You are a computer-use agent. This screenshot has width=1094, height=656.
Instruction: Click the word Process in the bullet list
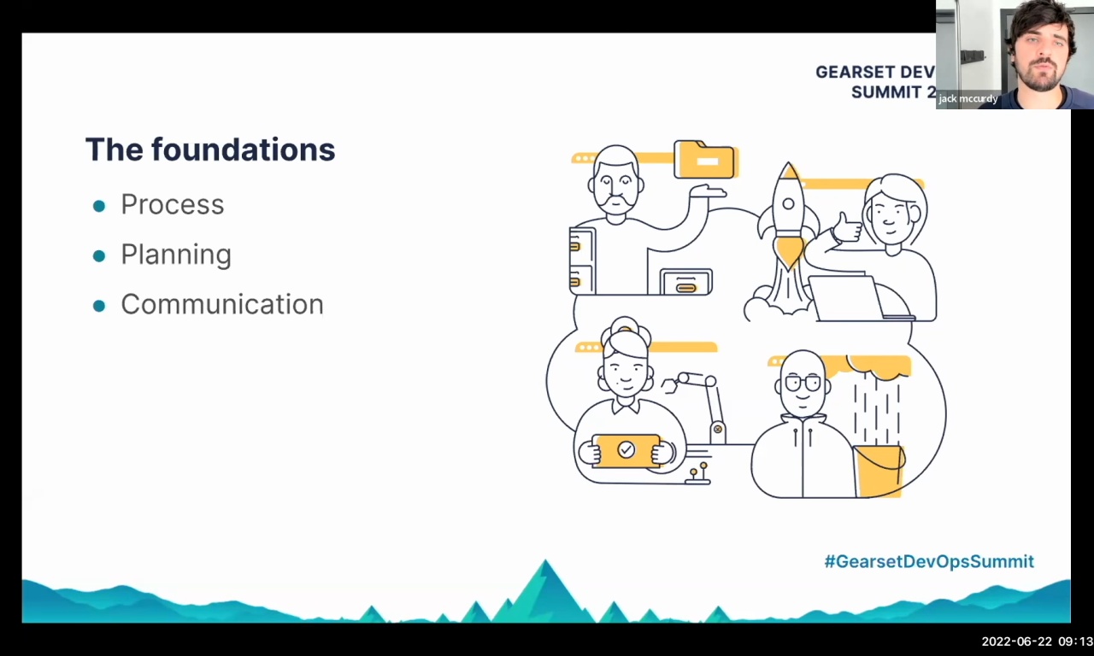172,205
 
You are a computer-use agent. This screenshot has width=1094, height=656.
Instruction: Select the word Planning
175,255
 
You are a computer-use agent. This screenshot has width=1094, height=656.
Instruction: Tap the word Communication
221,304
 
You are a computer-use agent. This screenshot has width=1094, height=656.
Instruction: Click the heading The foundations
210,149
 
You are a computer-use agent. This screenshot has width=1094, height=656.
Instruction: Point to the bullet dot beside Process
99,206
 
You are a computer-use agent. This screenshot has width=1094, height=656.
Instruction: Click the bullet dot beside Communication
99,305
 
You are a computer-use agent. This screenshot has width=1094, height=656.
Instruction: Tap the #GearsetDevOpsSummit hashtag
928,561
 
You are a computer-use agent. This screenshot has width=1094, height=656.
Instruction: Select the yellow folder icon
704,160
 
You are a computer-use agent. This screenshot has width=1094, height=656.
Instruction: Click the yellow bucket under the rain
879,469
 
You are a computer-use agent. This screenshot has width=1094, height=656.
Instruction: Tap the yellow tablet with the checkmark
627,450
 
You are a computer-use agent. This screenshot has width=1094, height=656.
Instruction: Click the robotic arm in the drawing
701,397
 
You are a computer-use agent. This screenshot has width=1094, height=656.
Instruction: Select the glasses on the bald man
803,384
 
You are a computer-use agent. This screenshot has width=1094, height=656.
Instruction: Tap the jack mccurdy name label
968,99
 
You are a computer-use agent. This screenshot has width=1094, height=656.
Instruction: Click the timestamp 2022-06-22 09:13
1036,641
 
